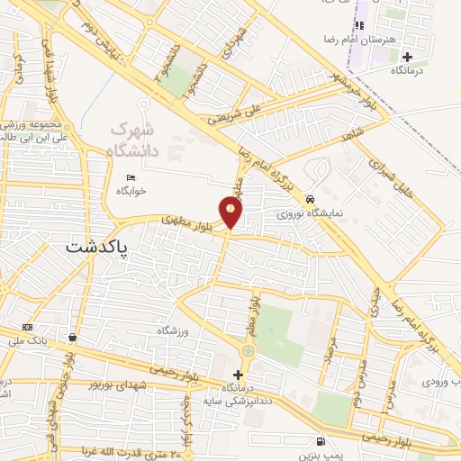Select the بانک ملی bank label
[27, 341]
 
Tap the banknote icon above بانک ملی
[27, 327]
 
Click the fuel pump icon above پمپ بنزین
[321, 441]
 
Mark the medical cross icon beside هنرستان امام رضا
[407, 57]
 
